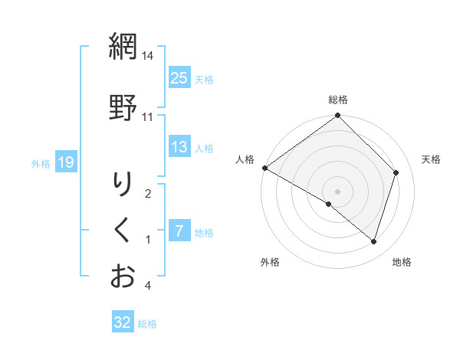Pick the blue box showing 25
click(x=179, y=77)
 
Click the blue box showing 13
click(x=179, y=147)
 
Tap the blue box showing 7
click(x=179, y=231)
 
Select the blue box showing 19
click(x=65, y=162)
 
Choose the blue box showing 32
click(x=123, y=322)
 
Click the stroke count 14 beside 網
click(x=147, y=56)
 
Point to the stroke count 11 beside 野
click(x=147, y=116)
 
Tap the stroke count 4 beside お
click(x=148, y=286)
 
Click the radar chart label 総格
click(x=338, y=100)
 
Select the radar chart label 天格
click(x=431, y=159)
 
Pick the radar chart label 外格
click(x=270, y=262)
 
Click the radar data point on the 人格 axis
click(x=264, y=168)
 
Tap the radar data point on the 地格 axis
click(x=373, y=241)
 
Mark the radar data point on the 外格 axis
click(x=329, y=204)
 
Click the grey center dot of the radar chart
click(x=338, y=191)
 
